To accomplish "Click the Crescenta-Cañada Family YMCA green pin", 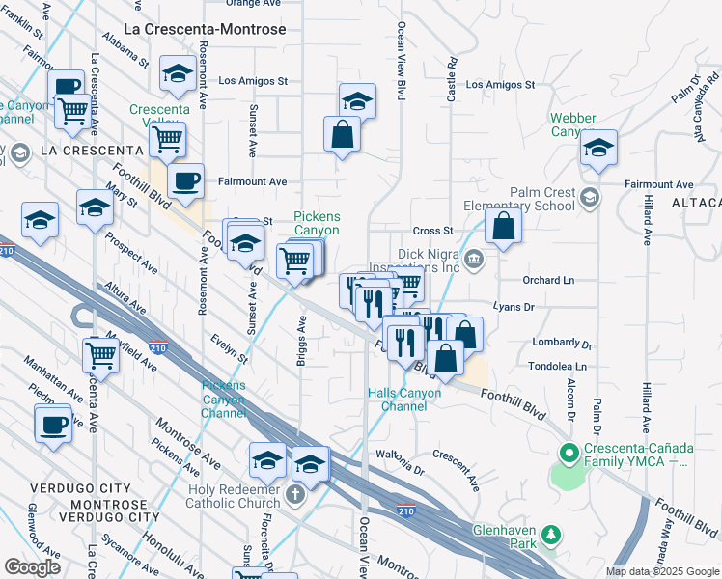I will click(569, 452).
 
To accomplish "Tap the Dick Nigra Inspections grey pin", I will click(474, 258).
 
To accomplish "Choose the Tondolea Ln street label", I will click(557, 367).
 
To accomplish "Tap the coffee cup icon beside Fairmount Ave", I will click(186, 179).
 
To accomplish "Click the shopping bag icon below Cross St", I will click(503, 227).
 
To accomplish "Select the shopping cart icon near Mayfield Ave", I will click(100, 354).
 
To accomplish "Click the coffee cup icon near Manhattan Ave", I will click(53, 423).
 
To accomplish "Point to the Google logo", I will click(32, 567).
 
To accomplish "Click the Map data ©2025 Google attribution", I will click(662, 571).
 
